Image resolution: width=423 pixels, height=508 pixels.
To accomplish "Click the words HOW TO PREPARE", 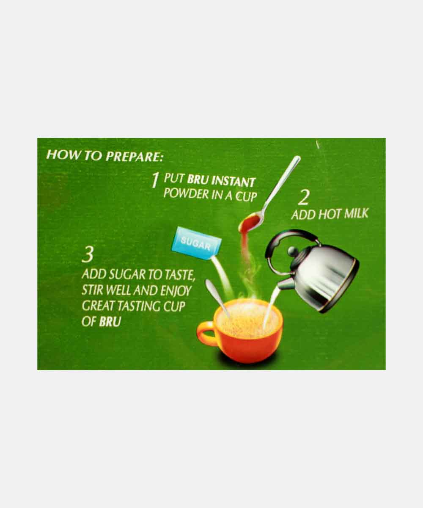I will (x=104, y=155).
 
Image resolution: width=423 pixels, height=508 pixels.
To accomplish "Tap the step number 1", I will (x=155, y=181).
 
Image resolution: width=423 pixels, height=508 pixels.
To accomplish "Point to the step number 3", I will (x=88, y=255).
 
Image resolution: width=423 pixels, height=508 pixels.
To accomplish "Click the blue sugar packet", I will (x=196, y=243).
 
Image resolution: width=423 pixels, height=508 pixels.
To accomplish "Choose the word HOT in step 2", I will (x=326, y=214).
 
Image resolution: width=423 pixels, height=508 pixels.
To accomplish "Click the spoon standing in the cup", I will (x=217, y=296).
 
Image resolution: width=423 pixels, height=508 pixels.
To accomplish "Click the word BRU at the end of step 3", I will (x=110, y=321).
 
